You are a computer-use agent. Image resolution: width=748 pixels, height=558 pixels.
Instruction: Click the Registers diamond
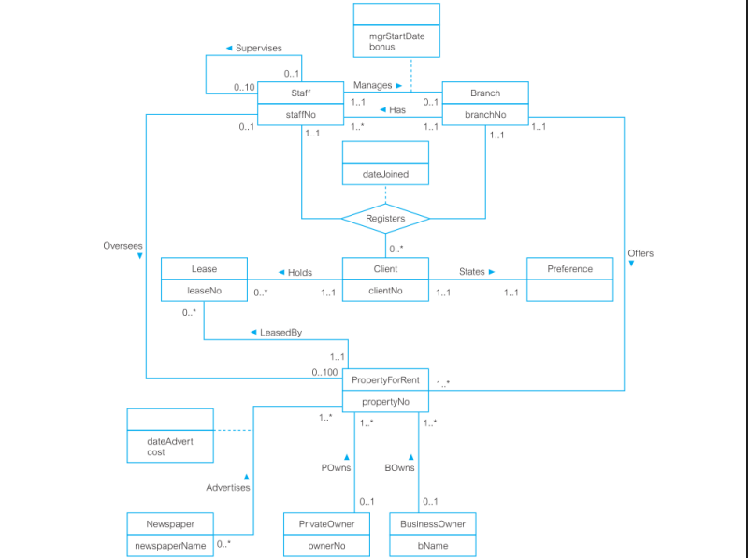(x=385, y=219)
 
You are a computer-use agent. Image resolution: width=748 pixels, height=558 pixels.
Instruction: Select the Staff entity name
(x=300, y=93)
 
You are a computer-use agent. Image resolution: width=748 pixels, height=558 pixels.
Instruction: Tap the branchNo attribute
(x=485, y=115)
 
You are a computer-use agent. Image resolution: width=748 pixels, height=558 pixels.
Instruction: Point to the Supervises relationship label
(x=258, y=48)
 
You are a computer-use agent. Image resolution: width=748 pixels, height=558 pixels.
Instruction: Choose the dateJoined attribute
(x=385, y=174)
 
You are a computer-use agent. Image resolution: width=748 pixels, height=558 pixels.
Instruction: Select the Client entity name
(x=385, y=269)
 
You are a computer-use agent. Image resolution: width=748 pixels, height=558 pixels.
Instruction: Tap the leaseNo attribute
(x=204, y=291)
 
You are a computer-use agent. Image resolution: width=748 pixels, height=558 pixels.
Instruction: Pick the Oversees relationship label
(x=122, y=245)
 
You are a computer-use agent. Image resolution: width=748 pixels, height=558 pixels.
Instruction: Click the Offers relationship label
(x=640, y=253)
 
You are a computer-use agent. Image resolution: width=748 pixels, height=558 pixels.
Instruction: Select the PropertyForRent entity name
(x=385, y=380)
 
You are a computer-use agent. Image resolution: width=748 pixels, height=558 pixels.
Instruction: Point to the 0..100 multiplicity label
(x=324, y=373)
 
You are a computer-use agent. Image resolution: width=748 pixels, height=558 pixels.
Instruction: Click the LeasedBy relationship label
(x=280, y=333)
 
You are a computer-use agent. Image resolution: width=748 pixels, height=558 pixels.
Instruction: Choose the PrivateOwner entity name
(x=326, y=524)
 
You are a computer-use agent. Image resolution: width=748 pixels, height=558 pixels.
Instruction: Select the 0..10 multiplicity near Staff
(x=244, y=88)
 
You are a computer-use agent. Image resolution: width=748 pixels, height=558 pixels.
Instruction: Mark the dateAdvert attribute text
(x=170, y=441)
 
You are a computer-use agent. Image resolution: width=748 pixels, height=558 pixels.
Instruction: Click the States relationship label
(x=472, y=272)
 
